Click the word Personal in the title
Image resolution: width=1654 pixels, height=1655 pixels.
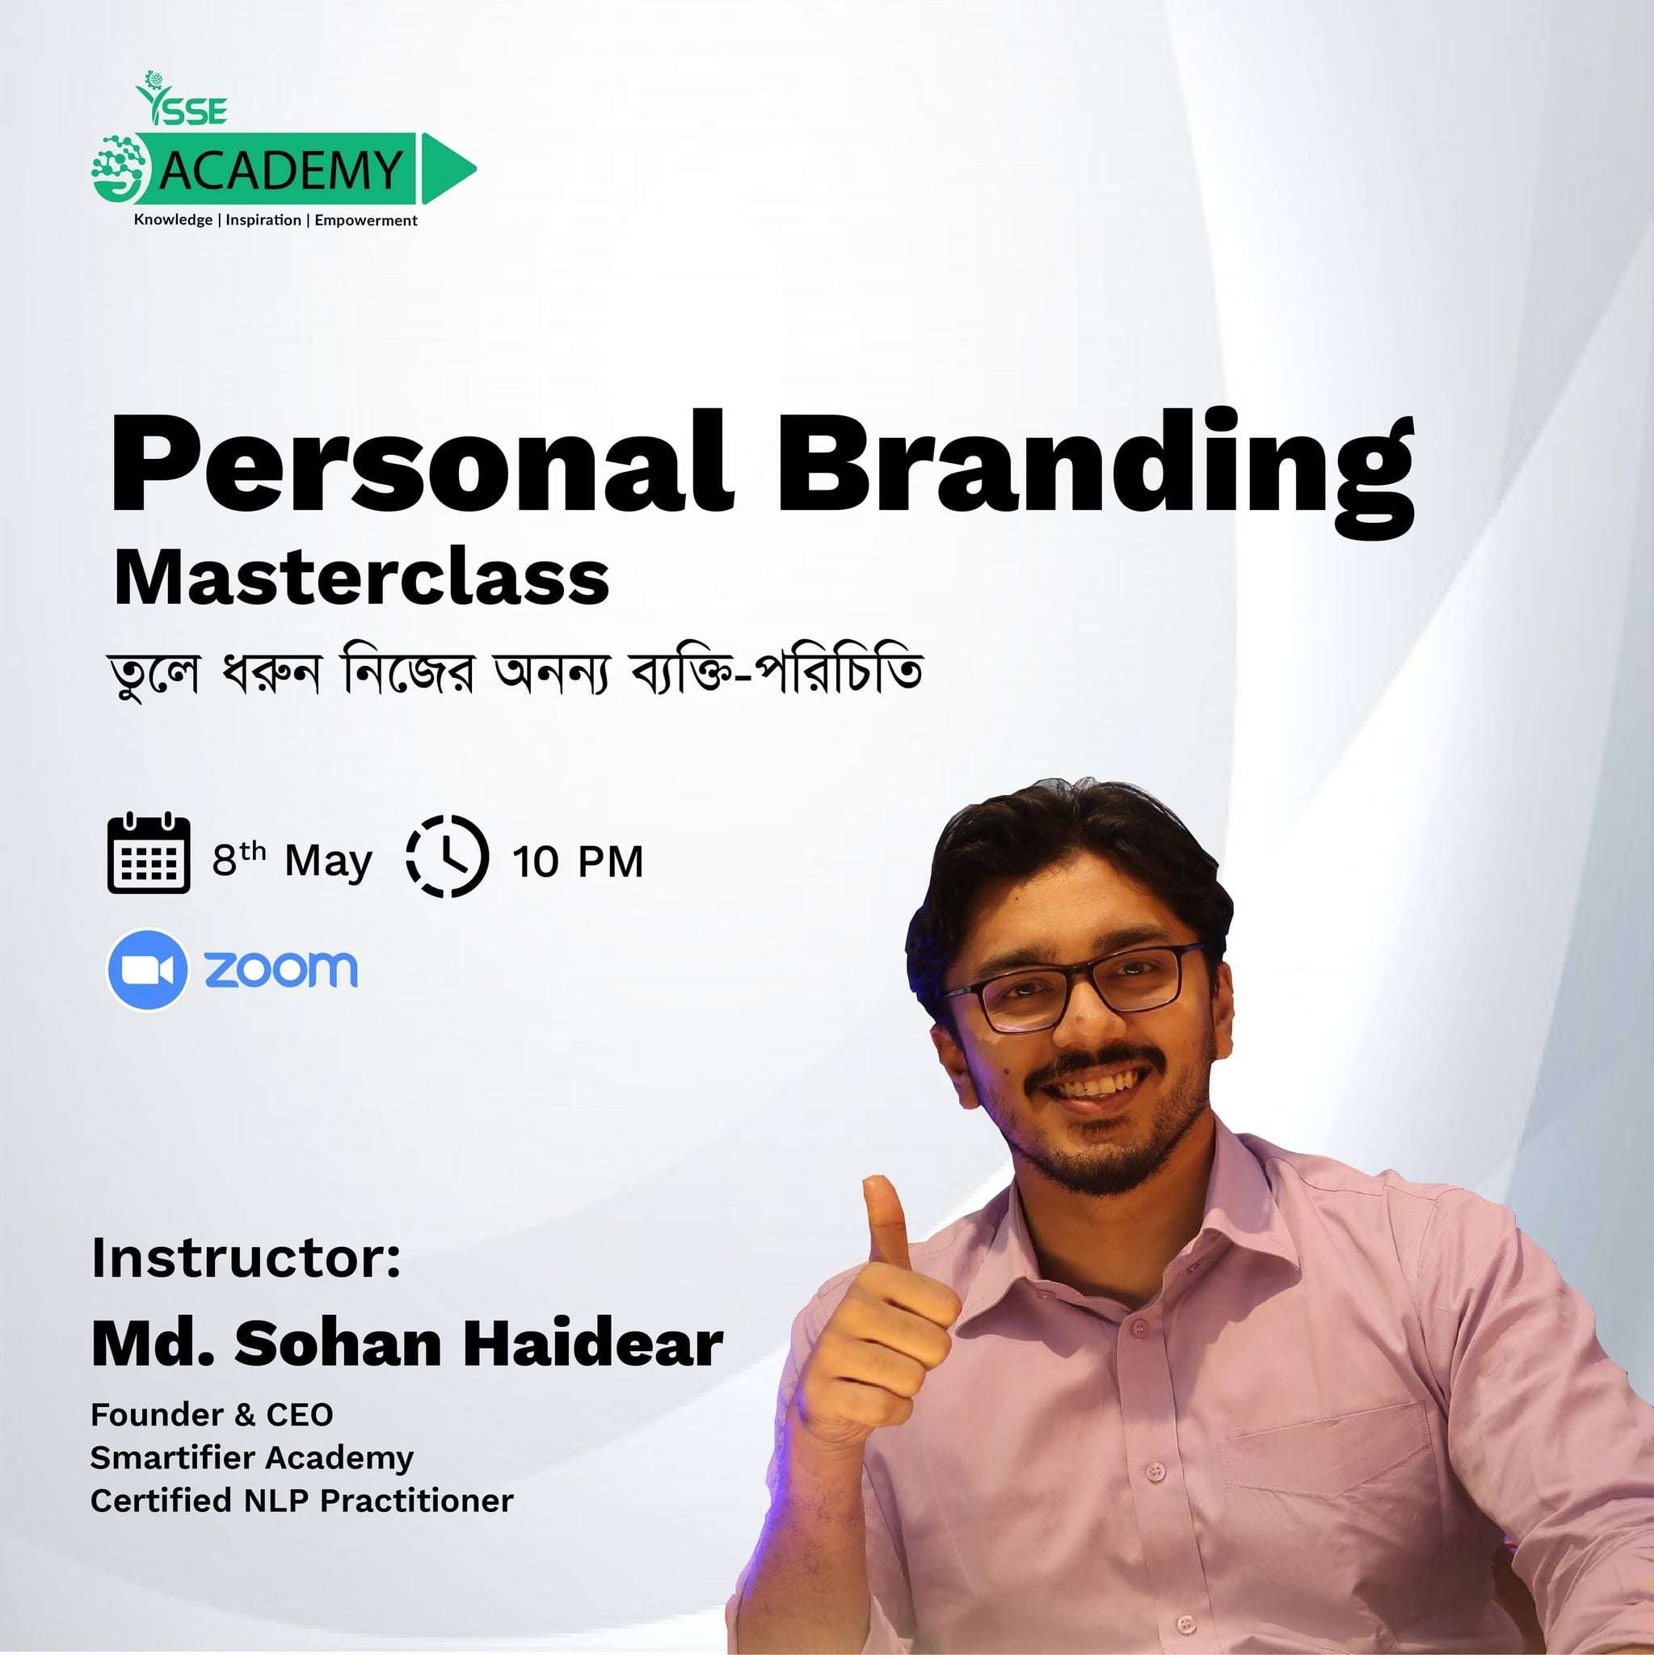(x=419, y=462)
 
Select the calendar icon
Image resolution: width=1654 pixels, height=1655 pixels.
(x=148, y=853)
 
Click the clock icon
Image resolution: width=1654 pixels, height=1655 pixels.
(x=446, y=856)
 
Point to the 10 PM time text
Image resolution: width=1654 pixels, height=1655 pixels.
(x=577, y=861)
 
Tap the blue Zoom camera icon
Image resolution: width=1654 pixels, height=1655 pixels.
(x=147, y=970)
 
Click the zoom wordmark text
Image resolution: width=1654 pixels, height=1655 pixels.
(x=280, y=969)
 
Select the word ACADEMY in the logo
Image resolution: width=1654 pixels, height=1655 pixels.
(x=281, y=170)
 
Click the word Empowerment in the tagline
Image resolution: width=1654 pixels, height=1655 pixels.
(x=366, y=220)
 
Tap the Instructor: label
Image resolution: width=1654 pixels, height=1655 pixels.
(x=246, y=1257)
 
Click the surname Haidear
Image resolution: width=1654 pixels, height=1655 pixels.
(x=593, y=1344)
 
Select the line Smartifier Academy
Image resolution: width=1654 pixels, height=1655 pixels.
(x=252, y=1457)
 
